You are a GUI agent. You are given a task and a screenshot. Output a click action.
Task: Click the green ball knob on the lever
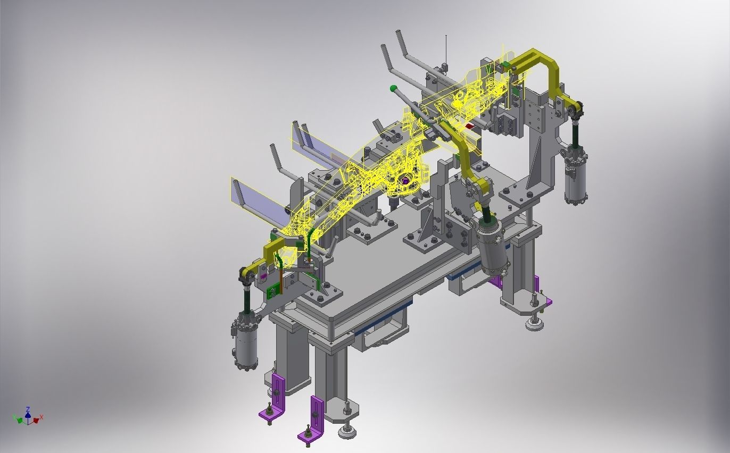[x=393, y=88]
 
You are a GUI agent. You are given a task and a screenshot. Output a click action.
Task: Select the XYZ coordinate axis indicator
[x=28, y=417]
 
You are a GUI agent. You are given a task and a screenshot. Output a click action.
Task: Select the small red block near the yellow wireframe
[x=469, y=127]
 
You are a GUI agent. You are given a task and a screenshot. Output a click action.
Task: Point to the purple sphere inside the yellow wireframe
[x=405, y=181]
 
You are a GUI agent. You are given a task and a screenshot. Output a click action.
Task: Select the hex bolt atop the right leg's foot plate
[x=534, y=296]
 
